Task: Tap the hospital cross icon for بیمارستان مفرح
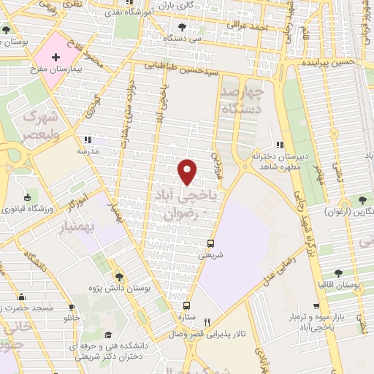pos(56,57)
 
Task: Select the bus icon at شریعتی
pos(211,243)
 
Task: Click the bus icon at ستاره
pos(187,306)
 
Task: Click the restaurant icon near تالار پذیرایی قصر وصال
pos(207,322)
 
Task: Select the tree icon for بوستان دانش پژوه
pos(119,275)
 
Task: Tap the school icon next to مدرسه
pos(87,139)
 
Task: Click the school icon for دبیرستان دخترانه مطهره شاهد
pos(278,145)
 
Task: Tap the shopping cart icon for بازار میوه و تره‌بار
pos(316,307)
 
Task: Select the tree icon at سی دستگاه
pos(182,27)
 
